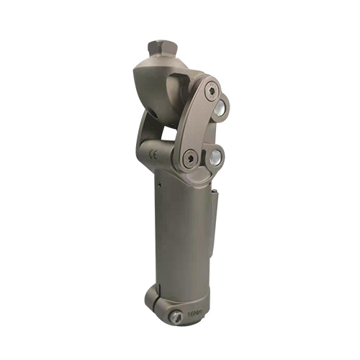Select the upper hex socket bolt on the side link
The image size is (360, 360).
point(210,90)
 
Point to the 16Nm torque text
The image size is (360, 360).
point(194,314)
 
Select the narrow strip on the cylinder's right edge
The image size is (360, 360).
point(212,230)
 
